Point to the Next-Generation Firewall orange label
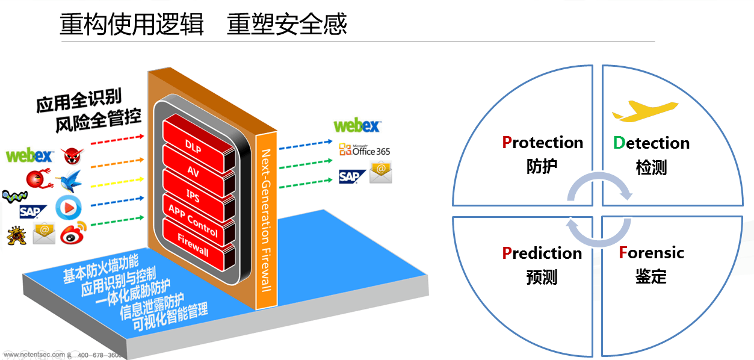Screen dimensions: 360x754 tap(265, 223)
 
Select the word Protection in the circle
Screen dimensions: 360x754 tap(542, 143)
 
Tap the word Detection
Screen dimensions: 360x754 tap(651, 143)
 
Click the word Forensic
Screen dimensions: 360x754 tap(651, 252)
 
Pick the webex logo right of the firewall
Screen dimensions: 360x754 tap(357, 126)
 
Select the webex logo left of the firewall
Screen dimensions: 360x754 tap(29, 155)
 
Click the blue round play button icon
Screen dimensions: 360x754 tap(68, 208)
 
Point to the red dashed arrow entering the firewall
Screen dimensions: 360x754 tap(117, 141)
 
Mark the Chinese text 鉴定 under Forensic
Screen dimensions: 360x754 tap(651, 277)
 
